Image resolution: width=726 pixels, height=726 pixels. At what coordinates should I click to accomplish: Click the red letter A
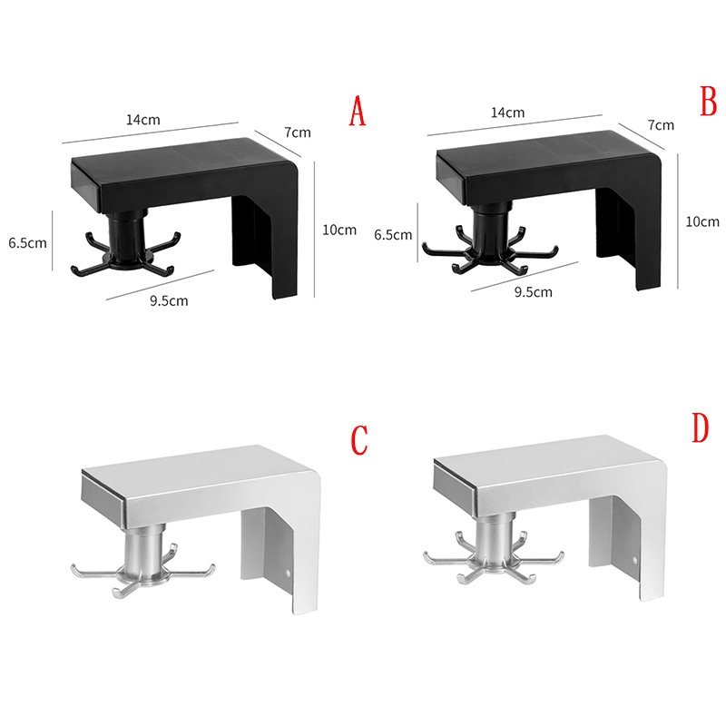[357, 111]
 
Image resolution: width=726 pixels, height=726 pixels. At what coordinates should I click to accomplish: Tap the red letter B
[709, 102]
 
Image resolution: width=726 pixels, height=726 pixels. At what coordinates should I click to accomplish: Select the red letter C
[359, 439]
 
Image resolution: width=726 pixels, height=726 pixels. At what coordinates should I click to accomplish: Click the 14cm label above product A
[143, 120]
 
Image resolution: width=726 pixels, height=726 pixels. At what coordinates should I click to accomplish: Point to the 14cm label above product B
[507, 113]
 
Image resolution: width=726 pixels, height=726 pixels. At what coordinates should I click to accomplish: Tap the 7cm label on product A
[298, 132]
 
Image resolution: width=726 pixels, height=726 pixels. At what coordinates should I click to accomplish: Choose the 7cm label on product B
[661, 125]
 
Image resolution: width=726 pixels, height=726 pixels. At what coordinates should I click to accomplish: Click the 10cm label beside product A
[339, 230]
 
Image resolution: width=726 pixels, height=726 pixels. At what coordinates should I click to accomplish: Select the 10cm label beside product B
[702, 221]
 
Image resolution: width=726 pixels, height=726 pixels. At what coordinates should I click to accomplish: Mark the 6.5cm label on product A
[27, 242]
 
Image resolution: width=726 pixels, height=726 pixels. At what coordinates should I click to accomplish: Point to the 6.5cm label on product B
[393, 235]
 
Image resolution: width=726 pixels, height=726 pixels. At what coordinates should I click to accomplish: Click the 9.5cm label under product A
[169, 300]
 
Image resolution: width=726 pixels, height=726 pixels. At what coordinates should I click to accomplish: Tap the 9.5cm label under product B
[533, 292]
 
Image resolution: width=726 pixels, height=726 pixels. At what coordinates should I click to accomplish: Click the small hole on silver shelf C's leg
[288, 573]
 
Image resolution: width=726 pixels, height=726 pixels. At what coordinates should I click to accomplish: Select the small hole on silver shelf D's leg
[634, 561]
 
